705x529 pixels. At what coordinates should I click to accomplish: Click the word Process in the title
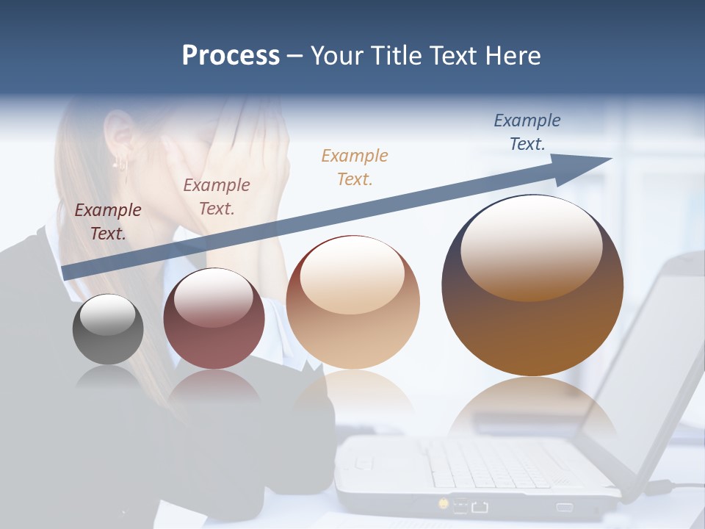tap(231, 56)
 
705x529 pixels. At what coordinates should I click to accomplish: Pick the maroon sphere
tap(214, 319)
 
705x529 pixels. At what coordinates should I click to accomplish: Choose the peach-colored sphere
tap(353, 303)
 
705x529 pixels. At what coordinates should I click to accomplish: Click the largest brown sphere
tap(532, 286)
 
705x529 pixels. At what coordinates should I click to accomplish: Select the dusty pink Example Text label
tap(217, 197)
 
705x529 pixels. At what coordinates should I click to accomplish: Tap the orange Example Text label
tap(355, 167)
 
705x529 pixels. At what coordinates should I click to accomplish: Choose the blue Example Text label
tap(527, 132)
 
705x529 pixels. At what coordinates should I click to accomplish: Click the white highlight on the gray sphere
tap(107, 315)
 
